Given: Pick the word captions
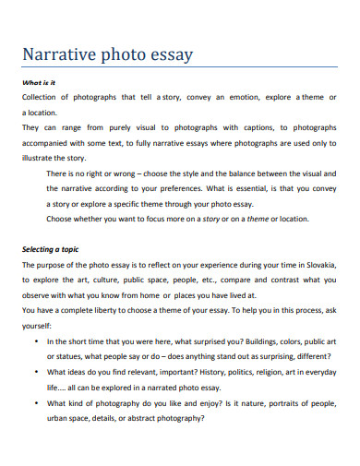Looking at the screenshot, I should tap(260, 127).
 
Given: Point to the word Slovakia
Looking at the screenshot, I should tap(317, 264).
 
